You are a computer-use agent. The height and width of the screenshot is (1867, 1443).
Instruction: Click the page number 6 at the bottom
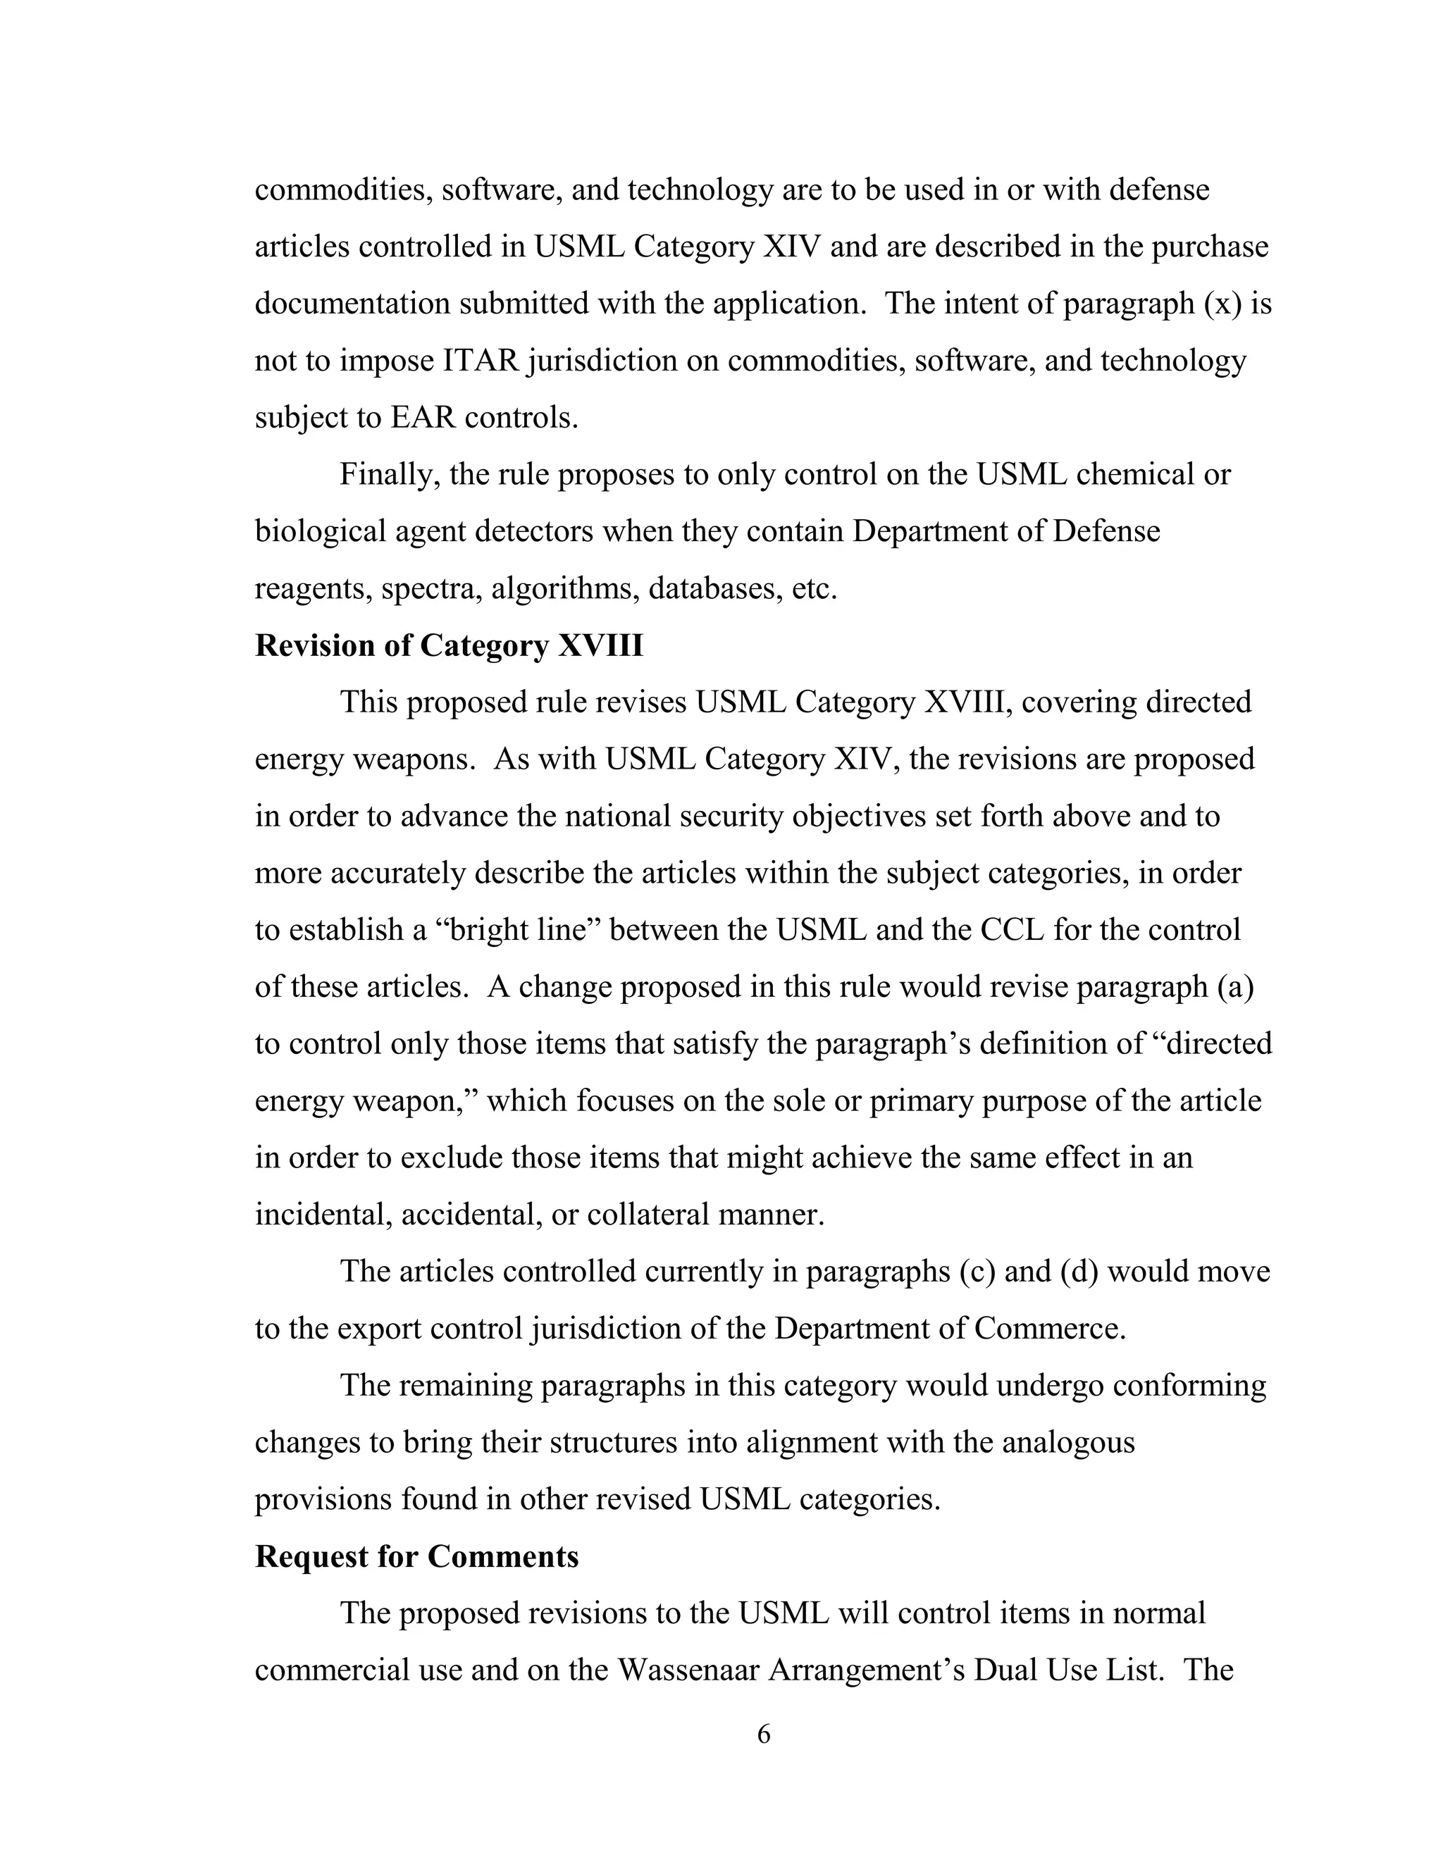(x=763, y=1735)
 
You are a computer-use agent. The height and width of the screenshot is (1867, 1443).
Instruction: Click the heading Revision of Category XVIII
(x=449, y=645)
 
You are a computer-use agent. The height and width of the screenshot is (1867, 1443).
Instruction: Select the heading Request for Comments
(x=416, y=1557)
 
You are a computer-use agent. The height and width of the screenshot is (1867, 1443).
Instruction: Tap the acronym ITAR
(x=481, y=361)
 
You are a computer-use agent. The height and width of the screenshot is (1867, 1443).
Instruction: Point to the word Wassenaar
(x=688, y=1670)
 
